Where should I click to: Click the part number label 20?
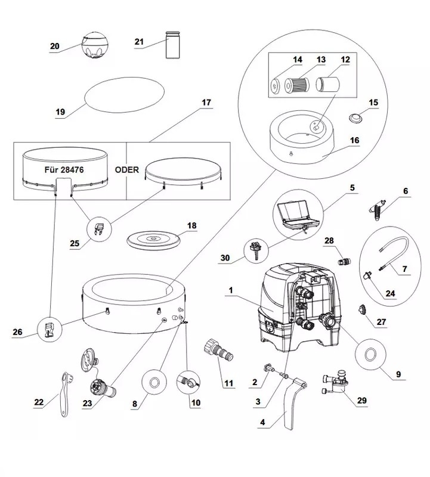55,46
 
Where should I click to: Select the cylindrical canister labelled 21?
174,45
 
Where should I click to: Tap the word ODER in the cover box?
126,169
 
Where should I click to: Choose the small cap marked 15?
356,118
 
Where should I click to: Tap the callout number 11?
228,383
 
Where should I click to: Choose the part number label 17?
206,103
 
